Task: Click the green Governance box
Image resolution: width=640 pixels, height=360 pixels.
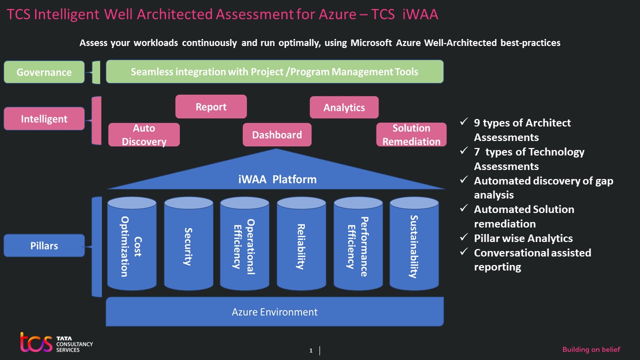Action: click(44, 72)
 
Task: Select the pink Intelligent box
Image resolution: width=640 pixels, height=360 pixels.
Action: click(44, 119)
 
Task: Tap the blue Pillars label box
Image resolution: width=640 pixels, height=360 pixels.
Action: click(44, 245)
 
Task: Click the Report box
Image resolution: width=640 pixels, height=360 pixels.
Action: click(210, 106)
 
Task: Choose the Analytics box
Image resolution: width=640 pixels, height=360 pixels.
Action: click(344, 107)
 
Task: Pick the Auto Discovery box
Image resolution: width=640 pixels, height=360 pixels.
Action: click(144, 135)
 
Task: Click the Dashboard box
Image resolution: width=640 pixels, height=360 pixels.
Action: click(277, 135)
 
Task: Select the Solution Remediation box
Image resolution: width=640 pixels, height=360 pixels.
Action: click(411, 135)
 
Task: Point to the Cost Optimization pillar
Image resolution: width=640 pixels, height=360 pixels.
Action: click(132, 245)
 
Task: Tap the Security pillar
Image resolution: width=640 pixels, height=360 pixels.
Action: click(188, 245)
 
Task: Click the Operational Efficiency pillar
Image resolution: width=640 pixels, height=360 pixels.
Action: click(245, 245)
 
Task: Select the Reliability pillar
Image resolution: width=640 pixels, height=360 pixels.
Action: click(301, 245)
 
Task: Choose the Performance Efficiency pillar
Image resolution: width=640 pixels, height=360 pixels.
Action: click(358, 245)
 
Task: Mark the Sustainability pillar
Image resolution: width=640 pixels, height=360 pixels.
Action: click(414, 245)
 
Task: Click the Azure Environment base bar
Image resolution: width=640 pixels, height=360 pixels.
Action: click(274, 312)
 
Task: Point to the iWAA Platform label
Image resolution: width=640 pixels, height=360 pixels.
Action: click(277, 179)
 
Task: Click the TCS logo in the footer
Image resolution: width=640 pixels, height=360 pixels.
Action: click(36, 342)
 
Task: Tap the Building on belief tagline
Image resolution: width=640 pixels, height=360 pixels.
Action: click(591, 349)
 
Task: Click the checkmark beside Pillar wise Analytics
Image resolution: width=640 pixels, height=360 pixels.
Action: click(464, 237)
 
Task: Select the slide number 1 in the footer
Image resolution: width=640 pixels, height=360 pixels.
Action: click(311, 351)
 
